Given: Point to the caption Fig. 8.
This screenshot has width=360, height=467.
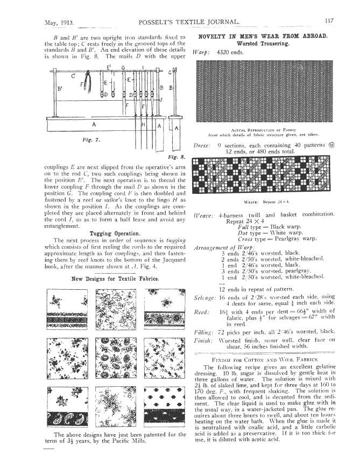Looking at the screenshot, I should coord(177,157).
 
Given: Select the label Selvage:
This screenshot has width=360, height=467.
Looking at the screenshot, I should coord(203,297).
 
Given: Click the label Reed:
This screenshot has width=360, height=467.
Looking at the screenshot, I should coord(201,312).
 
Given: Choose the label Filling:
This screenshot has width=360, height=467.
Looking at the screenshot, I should coord(203,334).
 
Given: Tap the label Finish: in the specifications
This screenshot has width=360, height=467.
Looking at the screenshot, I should coord(202,343).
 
